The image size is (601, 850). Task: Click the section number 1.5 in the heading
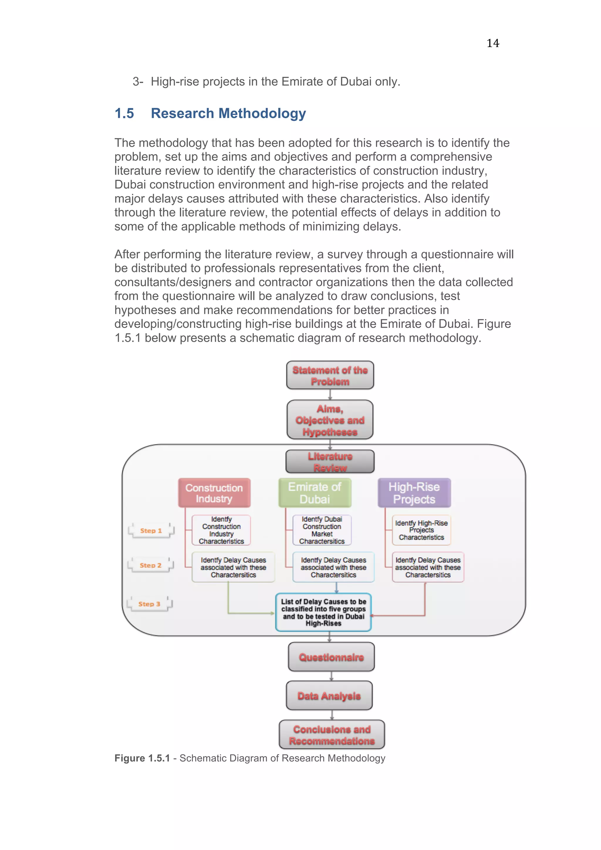point(124,113)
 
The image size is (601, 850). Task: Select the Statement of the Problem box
point(330,375)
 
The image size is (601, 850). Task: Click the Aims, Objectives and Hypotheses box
point(330,420)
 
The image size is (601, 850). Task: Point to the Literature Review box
point(330,462)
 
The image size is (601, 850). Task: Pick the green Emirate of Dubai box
point(315,493)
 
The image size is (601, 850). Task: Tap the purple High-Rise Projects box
point(414,493)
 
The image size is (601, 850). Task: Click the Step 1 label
point(151,531)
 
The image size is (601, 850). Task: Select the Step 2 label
point(150,565)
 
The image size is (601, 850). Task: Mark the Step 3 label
point(149,604)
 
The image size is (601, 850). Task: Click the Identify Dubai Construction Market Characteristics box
point(322,530)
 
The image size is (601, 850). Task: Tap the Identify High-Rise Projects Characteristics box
point(421,530)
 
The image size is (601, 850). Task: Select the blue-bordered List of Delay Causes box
point(323,612)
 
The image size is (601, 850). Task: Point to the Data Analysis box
point(329,696)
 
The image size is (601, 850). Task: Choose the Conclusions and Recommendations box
point(332,735)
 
